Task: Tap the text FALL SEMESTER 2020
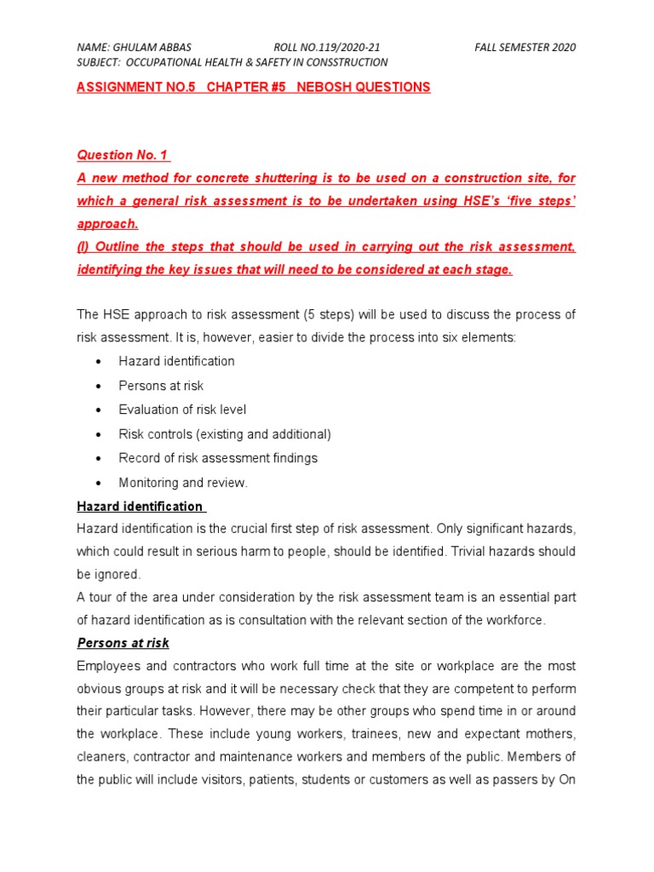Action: pyautogui.click(x=525, y=48)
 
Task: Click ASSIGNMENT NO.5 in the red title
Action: pyautogui.click(x=126, y=88)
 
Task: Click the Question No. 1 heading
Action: pyautogui.click(x=123, y=155)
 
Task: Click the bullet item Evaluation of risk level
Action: pyautogui.click(x=182, y=410)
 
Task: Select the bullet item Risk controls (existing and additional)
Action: pyautogui.click(x=225, y=433)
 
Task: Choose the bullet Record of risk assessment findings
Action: pyautogui.click(x=218, y=458)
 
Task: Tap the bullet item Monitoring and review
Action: pyautogui.click(x=183, y=483)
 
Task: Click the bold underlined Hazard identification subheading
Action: pyautogui.click(x=140, y=507)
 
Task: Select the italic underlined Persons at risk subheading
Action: pyautogui.click(x=123, y=643)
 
